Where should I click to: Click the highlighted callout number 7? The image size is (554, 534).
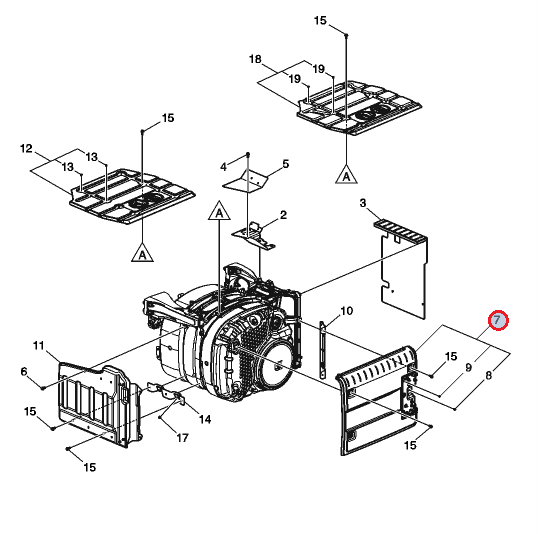tap(498, 321)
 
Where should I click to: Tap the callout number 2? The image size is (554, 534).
tap(283, 215)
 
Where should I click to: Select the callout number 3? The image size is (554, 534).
tap(363, 203)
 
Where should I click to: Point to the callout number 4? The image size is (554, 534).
tap(223, 167)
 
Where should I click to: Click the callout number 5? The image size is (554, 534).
tap(285, 164)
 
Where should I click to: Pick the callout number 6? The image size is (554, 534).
tap(24, 371)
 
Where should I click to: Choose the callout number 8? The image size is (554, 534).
tap(489, 375)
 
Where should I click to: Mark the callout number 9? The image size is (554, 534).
tap(468, 368)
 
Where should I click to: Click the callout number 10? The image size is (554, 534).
tap(347, 311)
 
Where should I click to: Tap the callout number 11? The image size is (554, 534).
tap(39, 345)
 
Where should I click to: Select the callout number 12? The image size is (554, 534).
tap(26, 148)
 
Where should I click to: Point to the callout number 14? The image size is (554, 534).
tap(205, 419)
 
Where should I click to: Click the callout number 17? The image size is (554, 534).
tap(182, 438)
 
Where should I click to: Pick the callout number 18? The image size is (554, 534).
tap(255, 59)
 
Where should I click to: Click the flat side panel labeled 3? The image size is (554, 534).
tap(404, 269)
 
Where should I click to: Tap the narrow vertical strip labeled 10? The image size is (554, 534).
tap(323, 350)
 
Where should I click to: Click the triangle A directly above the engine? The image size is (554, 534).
tap(219, 211)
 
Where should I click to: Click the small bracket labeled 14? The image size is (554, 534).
tap(166, 392)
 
